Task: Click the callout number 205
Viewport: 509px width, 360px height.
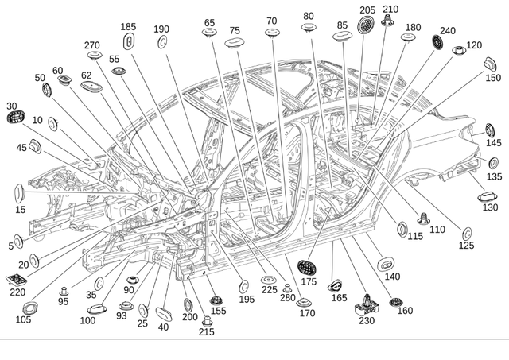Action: click(367, 10)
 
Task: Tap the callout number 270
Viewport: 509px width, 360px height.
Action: click(93, 45)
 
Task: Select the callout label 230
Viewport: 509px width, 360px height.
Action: click(366, 321)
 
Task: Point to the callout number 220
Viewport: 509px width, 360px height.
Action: click(17, 292)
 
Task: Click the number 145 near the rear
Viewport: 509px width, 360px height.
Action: click(494, 143)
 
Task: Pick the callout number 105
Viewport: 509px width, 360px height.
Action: click(22, 319)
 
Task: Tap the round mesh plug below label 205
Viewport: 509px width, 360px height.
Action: click(364, 25)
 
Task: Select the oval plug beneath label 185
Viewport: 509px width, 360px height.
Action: click(130, 40)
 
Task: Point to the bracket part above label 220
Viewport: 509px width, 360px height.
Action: click(17, 279)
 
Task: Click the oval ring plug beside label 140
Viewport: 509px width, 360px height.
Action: click(386, 262)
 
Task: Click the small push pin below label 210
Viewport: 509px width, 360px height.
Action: click(388, 23)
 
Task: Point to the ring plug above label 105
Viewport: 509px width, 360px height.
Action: click(29, 308)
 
